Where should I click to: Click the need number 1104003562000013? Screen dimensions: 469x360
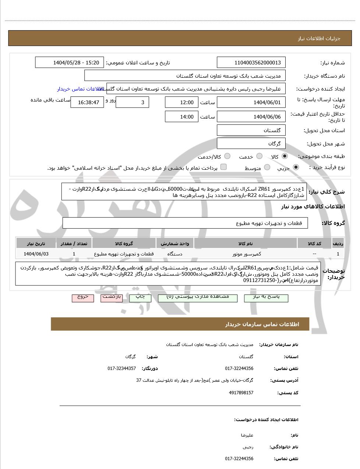click(251, 63)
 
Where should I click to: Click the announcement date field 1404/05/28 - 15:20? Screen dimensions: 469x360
click(70, 63)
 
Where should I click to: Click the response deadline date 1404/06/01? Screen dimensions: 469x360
click(251, 102)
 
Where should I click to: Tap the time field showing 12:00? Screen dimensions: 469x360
click(181, 102)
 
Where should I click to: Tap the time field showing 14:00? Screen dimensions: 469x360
click(181, 117)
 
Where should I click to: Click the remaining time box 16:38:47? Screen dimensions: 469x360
click(87, 102)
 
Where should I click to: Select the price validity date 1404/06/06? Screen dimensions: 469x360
click(251, 117)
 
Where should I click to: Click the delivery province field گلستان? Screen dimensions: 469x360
click(251, 130)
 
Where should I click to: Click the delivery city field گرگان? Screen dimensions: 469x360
click(251, 144)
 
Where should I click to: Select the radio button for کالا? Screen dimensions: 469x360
click(285, 156)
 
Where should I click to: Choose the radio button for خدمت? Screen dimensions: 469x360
click(260, 156)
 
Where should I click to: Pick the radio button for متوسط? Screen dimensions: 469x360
click(267, 168)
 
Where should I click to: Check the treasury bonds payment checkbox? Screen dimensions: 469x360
click(223, 167)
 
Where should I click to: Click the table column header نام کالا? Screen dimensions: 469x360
click(246, 244)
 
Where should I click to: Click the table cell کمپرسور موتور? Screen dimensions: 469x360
click(246, 254)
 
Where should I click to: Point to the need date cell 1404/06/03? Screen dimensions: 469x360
click(36, 254)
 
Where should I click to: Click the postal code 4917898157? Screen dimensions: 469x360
click(241, 393)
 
